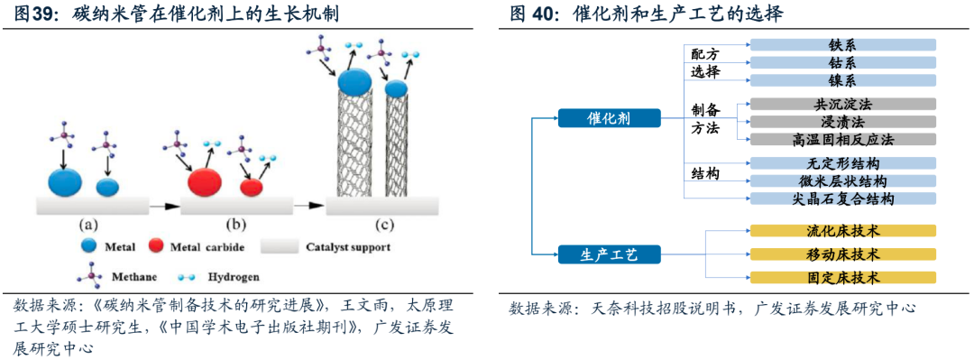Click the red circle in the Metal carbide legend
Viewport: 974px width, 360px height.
coord(156,246)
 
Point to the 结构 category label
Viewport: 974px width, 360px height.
coord(705,173)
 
